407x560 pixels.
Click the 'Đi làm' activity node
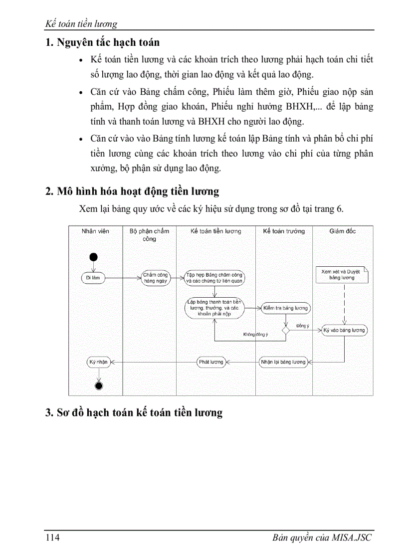pyautogui.click(x=93, y=278)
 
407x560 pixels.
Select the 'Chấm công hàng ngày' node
pyautogui.click(x=156, y=278)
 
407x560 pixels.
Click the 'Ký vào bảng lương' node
pyautogui.click(x=344, y=330)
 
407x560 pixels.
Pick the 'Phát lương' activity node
pyautogui.click(x=211, y=362)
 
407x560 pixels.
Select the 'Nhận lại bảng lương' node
pyautogui.click(x=283, y=362)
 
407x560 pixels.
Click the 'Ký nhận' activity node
pyautogui.click(x=98, y=362)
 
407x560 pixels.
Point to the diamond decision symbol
pyautogui.click(x=286, y=330)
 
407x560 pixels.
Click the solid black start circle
pyautogui.click(x=93, y=257)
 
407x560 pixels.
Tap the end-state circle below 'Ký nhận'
pyautogui.click(x=98, y=385)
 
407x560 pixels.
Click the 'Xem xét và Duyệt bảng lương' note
pyautogui.click(x=342, y=275)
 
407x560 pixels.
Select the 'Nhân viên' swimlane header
pyautogui.click(x=95, y=231)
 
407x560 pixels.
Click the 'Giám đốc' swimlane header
pyautogui.click(x=343, y=231)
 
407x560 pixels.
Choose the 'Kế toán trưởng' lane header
pyautogui.click(x=284, y=231)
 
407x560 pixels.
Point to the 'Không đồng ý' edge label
pyautogui.click(x=255, y=335)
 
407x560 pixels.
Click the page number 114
pyautogui.click(x=53, y=538)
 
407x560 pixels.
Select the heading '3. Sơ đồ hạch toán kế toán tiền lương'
pyautogui.click(x=134, y=412)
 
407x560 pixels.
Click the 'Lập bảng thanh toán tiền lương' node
pyautogui.click(x=214, y=308)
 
